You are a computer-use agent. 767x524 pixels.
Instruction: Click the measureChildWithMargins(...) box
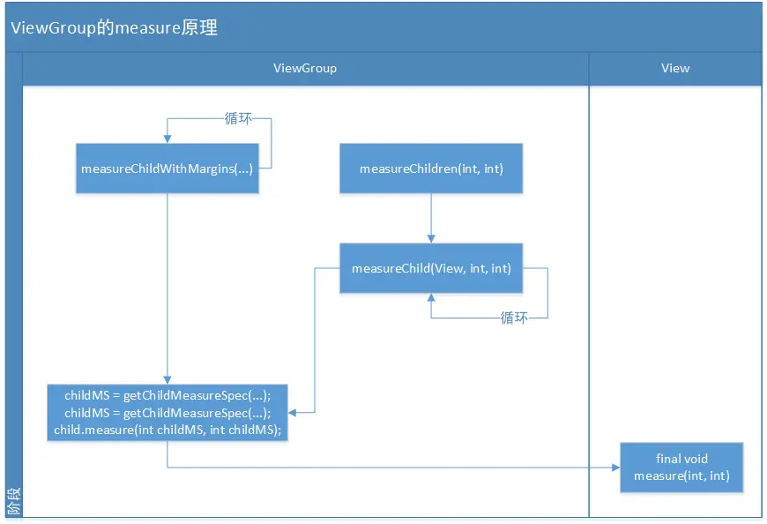pos(167,168)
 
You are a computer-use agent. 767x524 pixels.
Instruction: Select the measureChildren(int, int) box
pos(431,168)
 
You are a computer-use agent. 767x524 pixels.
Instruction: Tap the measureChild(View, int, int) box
pos(431,268)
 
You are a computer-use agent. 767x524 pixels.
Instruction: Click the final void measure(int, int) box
pos(681,468)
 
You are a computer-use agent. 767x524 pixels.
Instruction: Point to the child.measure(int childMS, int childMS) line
pos(168,430)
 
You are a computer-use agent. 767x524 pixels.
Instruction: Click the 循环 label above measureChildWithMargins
pos(238,118)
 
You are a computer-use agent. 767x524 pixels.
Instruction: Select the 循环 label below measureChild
pos(514,318)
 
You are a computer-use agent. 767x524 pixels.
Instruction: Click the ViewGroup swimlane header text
pos(305,68)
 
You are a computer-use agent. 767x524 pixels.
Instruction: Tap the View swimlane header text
pos(675,68)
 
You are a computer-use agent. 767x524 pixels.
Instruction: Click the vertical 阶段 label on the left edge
pos(13,502)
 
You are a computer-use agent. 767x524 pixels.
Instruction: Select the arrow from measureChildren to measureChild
pos(431,217)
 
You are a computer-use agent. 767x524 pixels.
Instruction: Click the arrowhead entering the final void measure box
pos(615,468)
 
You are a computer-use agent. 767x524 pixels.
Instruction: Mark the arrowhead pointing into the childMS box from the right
pos(293,412)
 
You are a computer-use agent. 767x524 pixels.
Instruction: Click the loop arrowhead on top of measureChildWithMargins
pos(167,138)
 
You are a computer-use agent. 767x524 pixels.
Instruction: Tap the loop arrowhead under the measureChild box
pos(431,299)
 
